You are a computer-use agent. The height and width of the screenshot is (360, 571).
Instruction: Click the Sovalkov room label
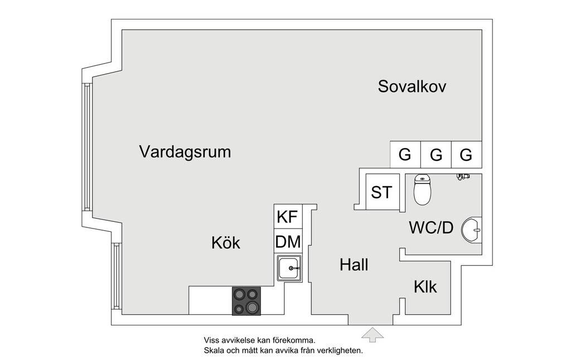click(x=412, y=86)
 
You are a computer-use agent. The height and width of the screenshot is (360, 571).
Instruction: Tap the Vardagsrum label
click(x=185, y=152)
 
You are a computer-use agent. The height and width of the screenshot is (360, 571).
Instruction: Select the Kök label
click(x=225, y=243)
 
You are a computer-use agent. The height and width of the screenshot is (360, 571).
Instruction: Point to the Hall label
click(x=354, y=265)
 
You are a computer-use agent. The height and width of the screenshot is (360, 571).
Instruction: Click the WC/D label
click(x=430, y=228)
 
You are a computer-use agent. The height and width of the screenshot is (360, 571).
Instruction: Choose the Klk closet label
click(x=425, y=287)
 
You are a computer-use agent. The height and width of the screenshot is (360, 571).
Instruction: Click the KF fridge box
click(x=288, y=217)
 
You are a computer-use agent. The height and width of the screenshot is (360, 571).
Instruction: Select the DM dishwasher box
click(x=288, y=242)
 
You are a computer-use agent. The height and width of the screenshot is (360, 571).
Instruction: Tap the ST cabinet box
click(x=381, y=192)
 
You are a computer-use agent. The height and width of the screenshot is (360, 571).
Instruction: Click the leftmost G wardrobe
click(x=405, y=154)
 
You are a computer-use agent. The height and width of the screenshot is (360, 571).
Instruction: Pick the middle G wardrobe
click(x=435, y=154)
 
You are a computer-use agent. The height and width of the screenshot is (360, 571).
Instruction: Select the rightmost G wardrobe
click(x=466, y=154)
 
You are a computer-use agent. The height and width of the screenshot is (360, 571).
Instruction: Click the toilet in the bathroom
click(x=422, y=191)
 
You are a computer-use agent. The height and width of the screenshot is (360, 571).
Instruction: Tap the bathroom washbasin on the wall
click(x=472, y=229)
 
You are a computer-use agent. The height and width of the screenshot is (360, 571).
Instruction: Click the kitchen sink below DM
click(x=289, y=269)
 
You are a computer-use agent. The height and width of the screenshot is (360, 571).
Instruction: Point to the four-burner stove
click(x=246, y=301)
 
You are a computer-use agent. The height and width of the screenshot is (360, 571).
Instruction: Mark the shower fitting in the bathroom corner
click(x=463, y=177)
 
